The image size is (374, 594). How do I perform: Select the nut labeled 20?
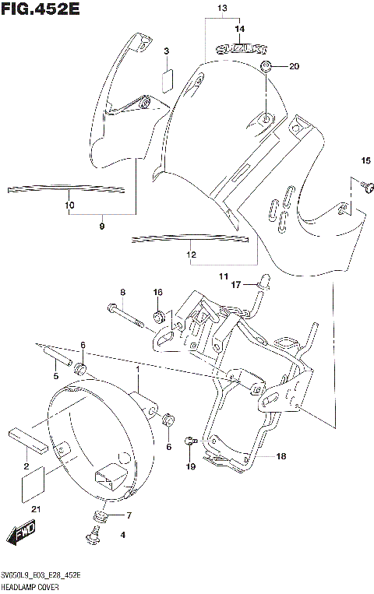(266, 66)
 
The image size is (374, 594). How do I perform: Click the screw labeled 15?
(369, 185)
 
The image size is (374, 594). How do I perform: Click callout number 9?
(101, 226)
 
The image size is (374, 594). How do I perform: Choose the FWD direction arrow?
(19, 536)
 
